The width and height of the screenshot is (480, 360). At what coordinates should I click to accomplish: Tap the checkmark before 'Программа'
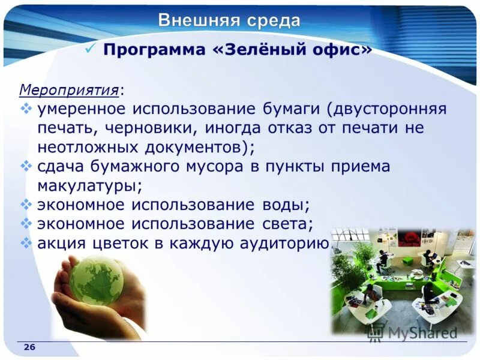(90, 49)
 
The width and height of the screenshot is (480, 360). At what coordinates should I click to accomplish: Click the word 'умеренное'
(81, 110)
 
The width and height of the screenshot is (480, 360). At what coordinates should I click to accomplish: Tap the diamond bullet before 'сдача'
(26, 166)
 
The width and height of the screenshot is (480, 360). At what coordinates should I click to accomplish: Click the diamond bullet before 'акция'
(26, 242)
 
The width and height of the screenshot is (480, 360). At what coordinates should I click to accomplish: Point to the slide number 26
(29, 348)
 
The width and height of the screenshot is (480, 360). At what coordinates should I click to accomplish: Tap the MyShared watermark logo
(414, 332)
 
